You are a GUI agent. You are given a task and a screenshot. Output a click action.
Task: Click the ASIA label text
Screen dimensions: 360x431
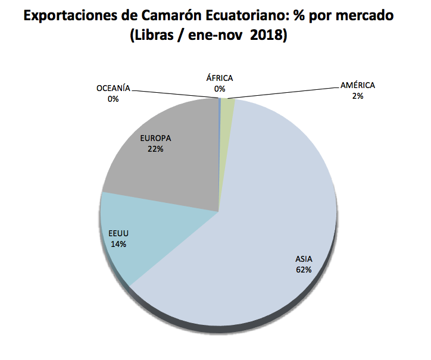304,259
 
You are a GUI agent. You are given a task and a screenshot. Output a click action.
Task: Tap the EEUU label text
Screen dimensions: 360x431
118,233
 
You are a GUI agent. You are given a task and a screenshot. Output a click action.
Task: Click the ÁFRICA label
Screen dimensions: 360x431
220,78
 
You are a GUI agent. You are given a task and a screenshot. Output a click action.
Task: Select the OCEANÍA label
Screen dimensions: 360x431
113,89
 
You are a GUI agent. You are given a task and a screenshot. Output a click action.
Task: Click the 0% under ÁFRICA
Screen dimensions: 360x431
220,89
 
